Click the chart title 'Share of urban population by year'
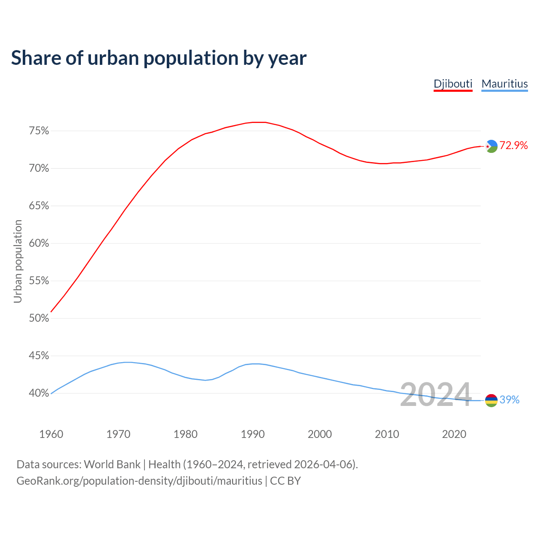coord(159,58)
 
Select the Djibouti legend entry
coord(453,84)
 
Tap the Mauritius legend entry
coord(504,84)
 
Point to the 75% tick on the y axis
coord(39,131)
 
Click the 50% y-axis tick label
coord(39,318)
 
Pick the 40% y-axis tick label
coord(39,393)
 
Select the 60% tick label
coord(39,243)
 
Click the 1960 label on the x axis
coord(51,434)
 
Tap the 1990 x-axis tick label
coord(253,434)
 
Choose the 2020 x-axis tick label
coord(454,434)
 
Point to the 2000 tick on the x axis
coord(320,434)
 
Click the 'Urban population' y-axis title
coord(18,261)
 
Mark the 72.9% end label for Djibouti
coord(514,146)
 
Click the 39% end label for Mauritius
coord(510,400)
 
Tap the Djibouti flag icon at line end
coord(491,146)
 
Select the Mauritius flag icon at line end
coord(491,400)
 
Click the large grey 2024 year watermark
coord(435,395)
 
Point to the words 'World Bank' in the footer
coord(112,464)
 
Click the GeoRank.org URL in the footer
coord(139,481)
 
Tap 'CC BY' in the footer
coord(286,481)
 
